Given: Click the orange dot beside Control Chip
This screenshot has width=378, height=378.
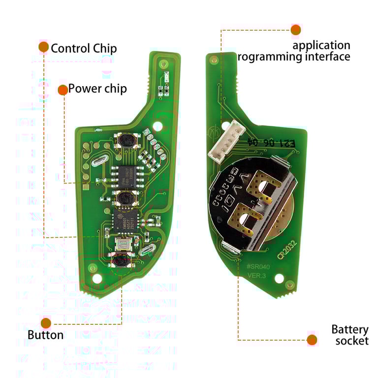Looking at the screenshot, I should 43,47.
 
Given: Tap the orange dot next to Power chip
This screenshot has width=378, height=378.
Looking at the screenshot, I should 63,90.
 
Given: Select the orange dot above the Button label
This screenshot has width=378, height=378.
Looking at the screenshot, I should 46,323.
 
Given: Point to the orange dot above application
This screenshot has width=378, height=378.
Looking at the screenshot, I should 295,30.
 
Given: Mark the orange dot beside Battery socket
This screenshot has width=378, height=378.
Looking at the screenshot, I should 312,340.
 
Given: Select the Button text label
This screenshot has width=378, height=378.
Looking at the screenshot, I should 45,336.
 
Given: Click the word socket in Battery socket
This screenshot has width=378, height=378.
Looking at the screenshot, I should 352,341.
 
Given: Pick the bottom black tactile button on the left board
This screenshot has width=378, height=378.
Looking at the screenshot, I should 120,260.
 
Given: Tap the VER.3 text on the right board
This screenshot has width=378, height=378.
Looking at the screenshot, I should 256,276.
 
